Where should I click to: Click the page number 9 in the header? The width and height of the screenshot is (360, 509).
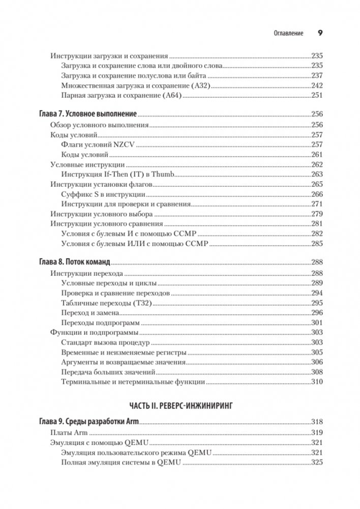(x=320, y=33)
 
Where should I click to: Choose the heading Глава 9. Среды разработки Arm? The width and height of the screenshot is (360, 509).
(x=89, y=422)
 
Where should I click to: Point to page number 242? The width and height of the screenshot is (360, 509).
(x=317, y=86)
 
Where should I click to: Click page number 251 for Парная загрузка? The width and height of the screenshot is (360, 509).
(x=317, y=96)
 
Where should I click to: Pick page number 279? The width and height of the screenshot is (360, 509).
(x=317, y=214)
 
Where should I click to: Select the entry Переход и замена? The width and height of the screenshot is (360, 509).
(x=90, y=313)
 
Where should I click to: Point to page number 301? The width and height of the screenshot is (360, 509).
(x=317, y=323)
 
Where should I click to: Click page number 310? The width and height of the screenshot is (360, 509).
(x=317, y=382)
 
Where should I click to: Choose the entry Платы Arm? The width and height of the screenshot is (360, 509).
(x=69, y=432)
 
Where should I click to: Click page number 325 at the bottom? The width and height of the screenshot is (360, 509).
(x=317, y=462)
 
